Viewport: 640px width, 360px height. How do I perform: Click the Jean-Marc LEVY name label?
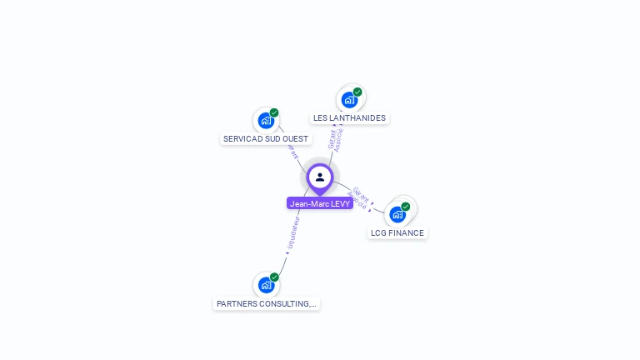[320, 203]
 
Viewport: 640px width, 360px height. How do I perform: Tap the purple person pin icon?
[320, 177]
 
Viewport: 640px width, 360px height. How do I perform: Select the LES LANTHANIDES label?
[350, 118]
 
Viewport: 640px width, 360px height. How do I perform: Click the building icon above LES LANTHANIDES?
[349, 100]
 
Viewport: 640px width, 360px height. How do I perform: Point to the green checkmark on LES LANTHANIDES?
[357, 92]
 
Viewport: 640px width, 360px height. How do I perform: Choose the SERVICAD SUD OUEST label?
[266, 139]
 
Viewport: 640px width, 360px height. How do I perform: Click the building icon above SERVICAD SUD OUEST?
[266, 121]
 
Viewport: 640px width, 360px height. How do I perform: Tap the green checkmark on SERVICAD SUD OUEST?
[274, 112]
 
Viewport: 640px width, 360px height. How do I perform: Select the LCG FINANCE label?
[397, 233]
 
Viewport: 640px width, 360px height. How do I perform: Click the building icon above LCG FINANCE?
[397, 214]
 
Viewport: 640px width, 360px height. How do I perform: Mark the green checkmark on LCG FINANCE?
[406, 206]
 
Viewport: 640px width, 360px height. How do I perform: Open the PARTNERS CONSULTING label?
[267, 304]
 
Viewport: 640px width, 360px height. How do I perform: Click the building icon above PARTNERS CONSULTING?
[266, 285]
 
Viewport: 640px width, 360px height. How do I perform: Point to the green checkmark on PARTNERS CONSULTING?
[274, 277]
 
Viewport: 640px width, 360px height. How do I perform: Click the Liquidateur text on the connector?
[292, 234]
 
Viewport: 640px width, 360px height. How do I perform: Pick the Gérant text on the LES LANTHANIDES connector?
[332, 138]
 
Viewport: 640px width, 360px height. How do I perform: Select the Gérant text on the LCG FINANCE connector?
[361, 194]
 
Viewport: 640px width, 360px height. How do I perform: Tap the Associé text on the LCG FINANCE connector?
[357, 202]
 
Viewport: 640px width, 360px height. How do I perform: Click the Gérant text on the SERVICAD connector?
[292, 152]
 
